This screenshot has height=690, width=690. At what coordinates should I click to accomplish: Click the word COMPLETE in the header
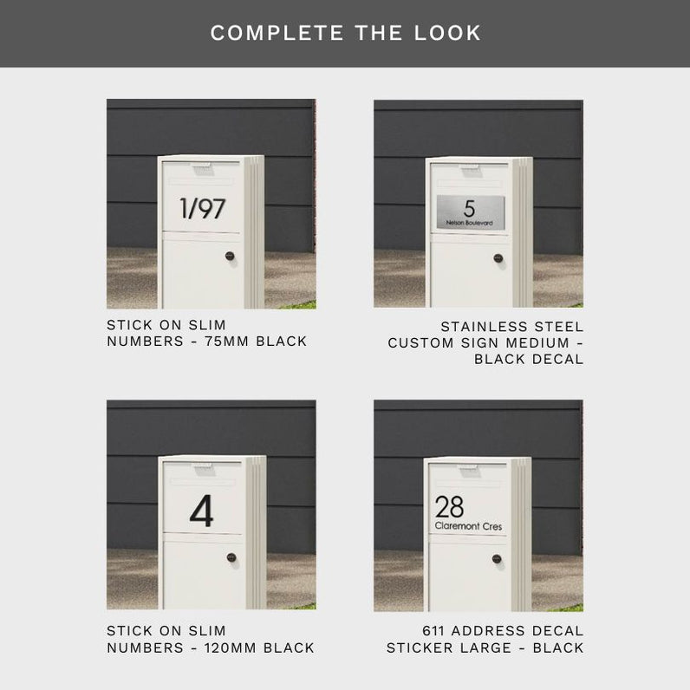(277, 33)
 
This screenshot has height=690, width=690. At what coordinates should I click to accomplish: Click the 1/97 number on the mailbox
(203, 209)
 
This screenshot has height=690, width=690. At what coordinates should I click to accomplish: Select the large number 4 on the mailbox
(202, 511)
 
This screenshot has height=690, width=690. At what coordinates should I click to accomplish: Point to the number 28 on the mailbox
(449, 506)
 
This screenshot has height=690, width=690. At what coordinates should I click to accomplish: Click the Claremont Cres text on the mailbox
(468, 526)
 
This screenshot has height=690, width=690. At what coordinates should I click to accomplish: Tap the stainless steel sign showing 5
(471, 212)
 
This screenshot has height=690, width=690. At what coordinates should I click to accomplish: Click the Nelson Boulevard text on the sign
(469, 223)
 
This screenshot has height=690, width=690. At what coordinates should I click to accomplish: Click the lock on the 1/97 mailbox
(230, 256)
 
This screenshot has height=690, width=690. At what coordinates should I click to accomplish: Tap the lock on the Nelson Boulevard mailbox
(498, 258)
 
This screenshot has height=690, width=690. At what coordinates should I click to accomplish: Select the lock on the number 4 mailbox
(231, 557)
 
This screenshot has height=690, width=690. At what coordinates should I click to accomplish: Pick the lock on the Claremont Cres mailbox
(497, 559)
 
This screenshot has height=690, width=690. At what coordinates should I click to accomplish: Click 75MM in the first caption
(226, 342)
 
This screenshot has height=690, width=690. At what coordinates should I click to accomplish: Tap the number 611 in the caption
(433, 631)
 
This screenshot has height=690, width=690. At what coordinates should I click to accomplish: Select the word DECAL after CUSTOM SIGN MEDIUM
(558, 360)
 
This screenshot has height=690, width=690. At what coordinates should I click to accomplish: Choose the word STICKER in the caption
(449, 648)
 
